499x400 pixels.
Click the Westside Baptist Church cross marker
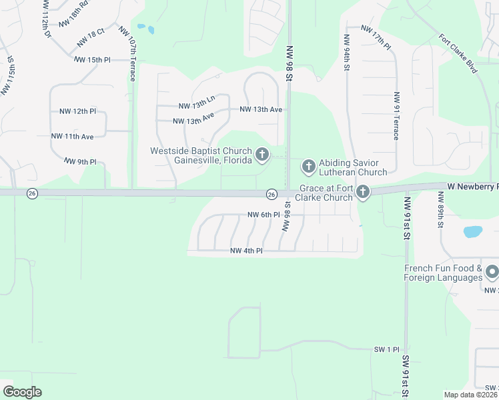262,155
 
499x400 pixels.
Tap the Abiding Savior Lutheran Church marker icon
308,165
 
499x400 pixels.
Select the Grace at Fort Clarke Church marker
362,193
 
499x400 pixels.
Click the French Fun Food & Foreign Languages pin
492,272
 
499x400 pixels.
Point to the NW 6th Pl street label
262,215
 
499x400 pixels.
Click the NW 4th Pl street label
246,251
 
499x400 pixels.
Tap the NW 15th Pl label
92,60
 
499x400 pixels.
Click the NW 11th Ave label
73,136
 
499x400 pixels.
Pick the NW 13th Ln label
197,103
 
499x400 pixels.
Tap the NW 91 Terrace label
396,115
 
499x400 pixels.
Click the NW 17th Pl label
376,35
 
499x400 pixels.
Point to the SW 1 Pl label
386,349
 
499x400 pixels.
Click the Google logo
22,392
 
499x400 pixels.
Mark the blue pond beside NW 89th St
472,232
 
